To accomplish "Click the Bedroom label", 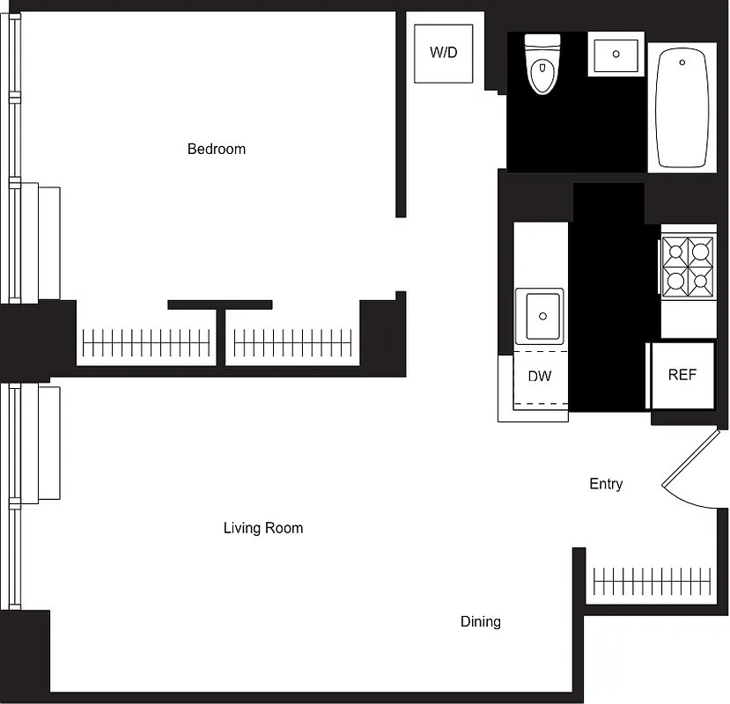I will tap(217, 149).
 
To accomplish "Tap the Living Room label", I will tap(262, 528).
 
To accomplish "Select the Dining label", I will tap(481, 621).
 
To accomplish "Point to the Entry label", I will tap(606, 484).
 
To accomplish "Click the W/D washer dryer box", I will tap(443, 53).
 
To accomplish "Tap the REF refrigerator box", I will tap(682, 375).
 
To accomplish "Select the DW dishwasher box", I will tap(539, 377).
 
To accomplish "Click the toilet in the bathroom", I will tap(542, 65).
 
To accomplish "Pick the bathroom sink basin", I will tap(616, 55).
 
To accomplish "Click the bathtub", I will tap(682, 108).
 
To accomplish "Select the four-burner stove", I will tap(688, 268).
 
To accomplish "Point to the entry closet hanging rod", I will tap(652, 581).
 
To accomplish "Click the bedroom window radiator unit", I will tap(39, 242).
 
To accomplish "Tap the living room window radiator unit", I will tap(39, 444).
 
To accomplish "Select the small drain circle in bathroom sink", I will tap(616, 54).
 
